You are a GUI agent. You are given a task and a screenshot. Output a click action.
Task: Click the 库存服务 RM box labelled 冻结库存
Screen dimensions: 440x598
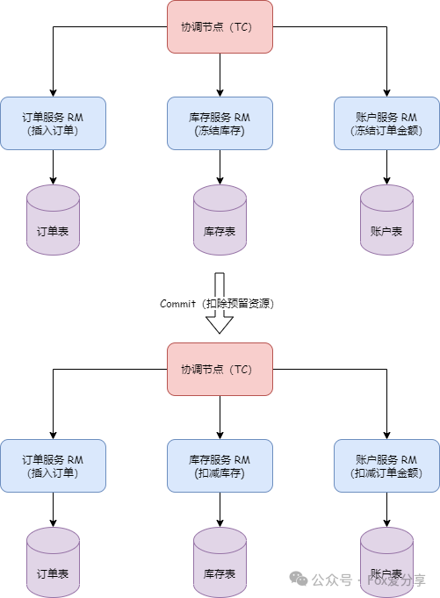[x=220, y=123]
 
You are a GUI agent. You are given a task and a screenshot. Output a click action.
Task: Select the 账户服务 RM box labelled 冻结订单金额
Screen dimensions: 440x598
[x=386, y=123]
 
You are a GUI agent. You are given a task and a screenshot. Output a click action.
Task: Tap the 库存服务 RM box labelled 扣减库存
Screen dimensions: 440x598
[x=220, y=465]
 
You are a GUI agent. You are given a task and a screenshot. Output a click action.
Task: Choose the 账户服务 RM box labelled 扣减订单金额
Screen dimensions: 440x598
[x=386, y=465]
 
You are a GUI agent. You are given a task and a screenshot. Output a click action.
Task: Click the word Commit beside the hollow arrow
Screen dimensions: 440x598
[x=177, y=304]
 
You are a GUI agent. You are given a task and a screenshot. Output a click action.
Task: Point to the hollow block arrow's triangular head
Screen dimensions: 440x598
[x=220, y=324]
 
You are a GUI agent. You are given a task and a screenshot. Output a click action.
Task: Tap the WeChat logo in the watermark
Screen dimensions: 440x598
[x=298, y=580]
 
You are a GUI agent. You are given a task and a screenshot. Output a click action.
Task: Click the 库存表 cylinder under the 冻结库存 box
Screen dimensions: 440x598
[x=220, y=220]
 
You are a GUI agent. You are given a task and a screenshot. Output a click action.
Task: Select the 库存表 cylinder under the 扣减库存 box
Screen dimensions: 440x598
[x=220, y=562]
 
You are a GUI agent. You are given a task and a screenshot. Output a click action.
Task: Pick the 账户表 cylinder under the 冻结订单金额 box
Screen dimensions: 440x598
[x=386, y=220]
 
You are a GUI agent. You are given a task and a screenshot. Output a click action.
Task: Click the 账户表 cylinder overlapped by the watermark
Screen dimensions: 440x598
[x=386, y=562]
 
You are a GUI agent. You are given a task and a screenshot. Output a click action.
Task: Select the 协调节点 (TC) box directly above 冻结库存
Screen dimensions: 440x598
[x=220, y=26]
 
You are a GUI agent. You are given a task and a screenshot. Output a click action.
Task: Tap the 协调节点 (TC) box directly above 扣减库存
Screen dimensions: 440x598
[x=220, y=369]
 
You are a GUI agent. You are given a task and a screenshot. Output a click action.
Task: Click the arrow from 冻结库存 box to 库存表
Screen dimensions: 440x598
[x=220, y=167]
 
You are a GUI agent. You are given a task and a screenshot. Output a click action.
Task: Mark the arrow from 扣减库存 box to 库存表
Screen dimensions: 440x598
[x=220, y=509]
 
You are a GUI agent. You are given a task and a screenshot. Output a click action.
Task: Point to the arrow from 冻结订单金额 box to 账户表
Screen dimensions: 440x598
[x=386, y=167]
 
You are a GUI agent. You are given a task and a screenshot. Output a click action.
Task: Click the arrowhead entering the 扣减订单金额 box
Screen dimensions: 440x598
[x=386, y=436]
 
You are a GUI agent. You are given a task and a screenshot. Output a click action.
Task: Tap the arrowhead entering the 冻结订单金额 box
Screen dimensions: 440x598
[x=386, y=93]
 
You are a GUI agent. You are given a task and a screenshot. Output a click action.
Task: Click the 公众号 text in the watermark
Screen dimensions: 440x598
[x=332, y=580]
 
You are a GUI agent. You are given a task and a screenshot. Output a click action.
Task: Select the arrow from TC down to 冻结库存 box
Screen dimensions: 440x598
[x=220, y=76]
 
